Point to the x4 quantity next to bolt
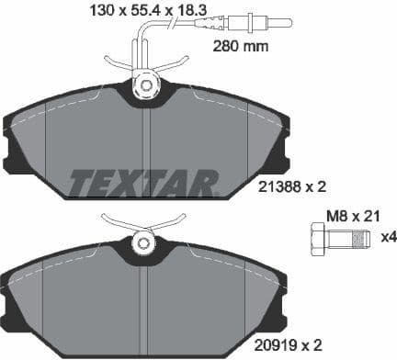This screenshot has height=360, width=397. [x=388, y=237]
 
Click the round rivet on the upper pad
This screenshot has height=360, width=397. [x=144, y=86]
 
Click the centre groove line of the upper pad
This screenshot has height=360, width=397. [x=142, y=138]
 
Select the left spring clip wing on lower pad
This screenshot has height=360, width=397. [x=118, y=221]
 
